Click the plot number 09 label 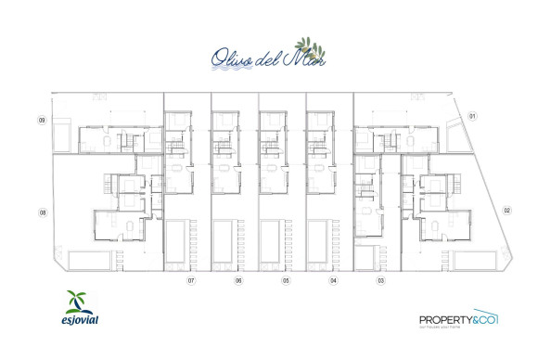[42, 120]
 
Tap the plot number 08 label [43, 212]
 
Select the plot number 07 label [192, 279]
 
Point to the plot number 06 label [238, 279]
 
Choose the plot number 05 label [286, 279]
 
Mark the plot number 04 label [333, 279]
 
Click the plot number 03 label [380, 279]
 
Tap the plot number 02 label [507, 211]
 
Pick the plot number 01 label [471, 116]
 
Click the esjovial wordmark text [81, 321]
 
